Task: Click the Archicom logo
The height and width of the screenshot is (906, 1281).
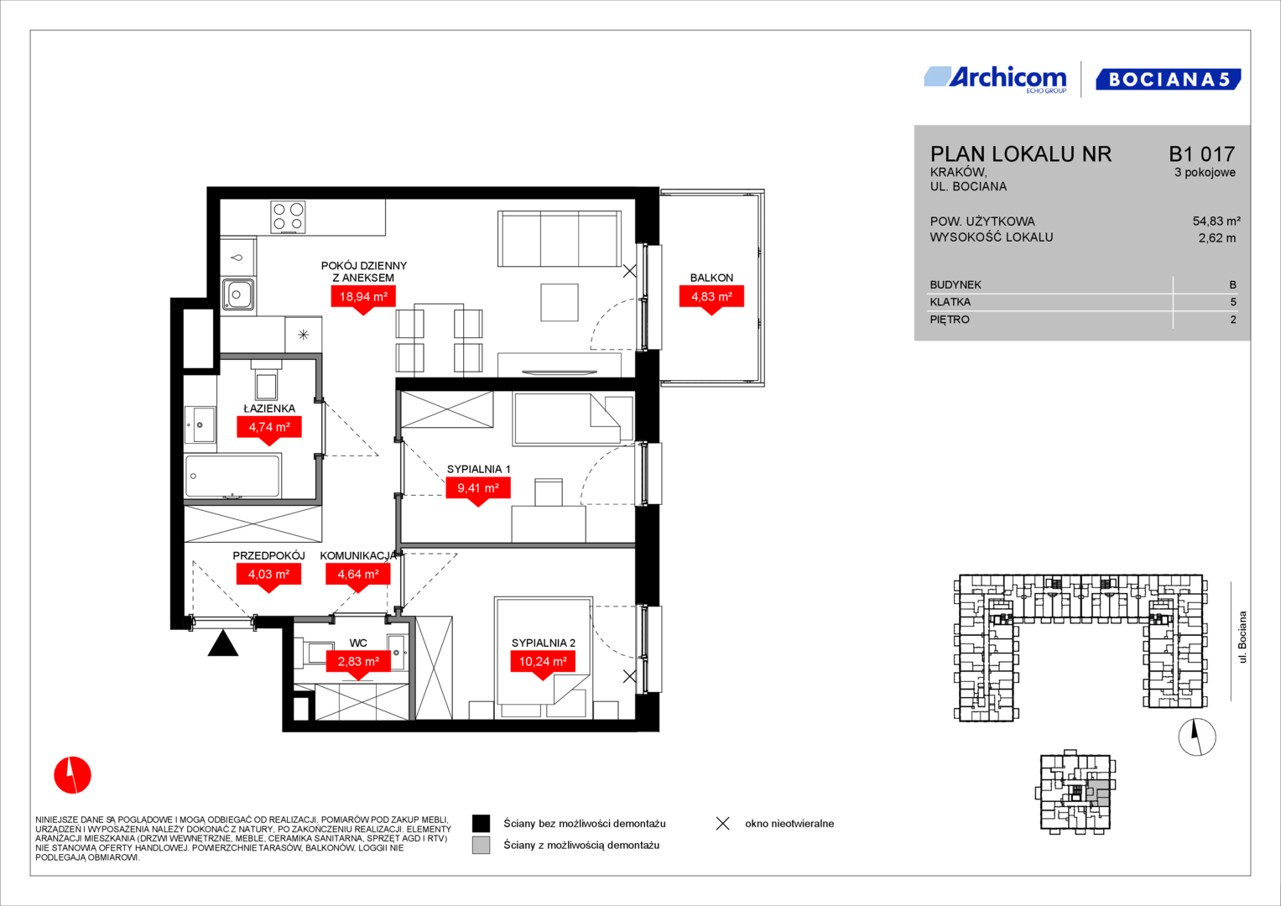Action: [x=995, y=80]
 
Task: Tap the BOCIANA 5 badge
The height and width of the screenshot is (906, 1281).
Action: [x=1169, y=80]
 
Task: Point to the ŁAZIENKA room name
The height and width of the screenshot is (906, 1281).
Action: [x=269, y=409]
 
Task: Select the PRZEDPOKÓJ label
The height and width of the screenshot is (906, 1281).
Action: [x=268, y=555]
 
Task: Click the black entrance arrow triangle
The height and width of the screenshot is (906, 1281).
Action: [x=223, y=643]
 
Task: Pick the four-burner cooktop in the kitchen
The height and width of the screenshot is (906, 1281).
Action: [x=288, y=216]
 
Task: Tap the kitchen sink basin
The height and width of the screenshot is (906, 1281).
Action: [x=238, y=294]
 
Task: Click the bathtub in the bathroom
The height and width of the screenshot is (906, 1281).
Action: [x=232, y=476]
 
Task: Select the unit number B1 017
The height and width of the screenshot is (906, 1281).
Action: [x=1201, y=154]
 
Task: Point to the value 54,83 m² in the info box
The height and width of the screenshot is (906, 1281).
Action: [x=1216, y=221]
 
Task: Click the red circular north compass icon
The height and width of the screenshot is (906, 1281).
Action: [x=73, y=775]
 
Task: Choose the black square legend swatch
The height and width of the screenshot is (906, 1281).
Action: [x=481, y=824]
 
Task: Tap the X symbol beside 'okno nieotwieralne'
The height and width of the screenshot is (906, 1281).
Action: [x=723, y=824]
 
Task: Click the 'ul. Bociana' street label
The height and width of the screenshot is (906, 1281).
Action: [x=1242, y=638]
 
